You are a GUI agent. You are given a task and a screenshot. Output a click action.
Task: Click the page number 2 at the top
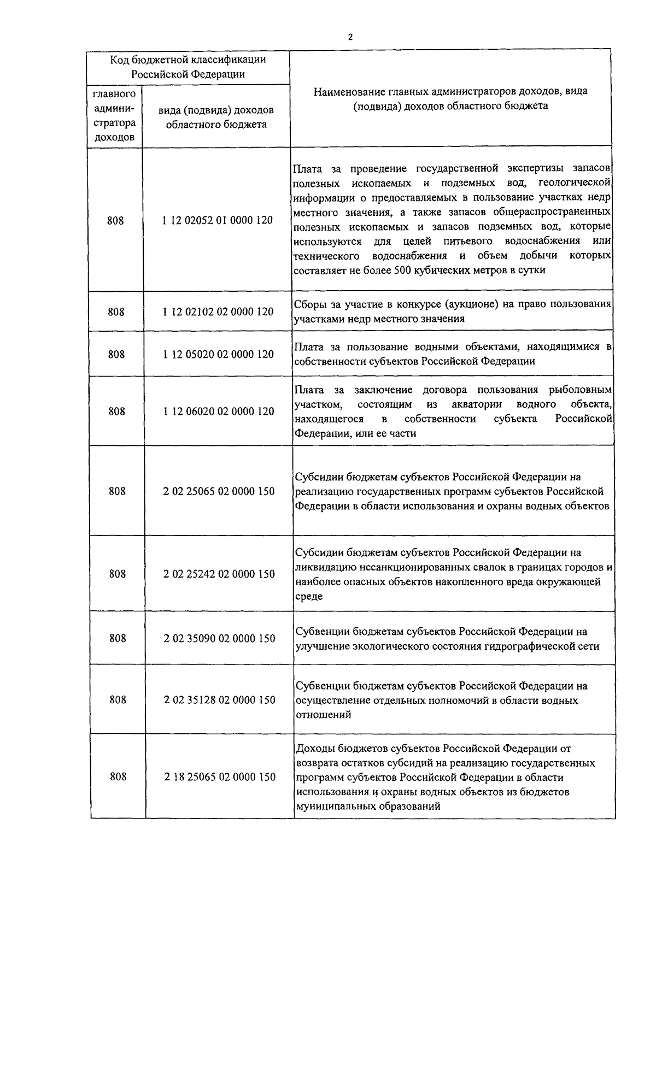pos(350,37)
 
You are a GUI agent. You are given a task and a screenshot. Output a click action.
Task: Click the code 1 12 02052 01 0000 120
pos(218,221)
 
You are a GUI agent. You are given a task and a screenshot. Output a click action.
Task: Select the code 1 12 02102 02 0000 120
pos(218,311)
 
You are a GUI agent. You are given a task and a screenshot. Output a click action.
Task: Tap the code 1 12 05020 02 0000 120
pos(218,354)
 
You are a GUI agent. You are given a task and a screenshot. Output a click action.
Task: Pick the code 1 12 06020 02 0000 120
pos(219,411)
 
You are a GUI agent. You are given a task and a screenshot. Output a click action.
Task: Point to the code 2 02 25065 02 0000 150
pos(219,491)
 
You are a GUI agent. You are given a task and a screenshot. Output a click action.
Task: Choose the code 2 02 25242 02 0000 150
pos(219,574)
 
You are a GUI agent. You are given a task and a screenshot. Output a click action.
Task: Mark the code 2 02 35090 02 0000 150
pos(219,638)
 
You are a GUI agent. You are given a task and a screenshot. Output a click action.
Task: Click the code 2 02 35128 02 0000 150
pos(219,700)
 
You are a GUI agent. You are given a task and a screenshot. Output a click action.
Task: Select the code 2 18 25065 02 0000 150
pos(220,776)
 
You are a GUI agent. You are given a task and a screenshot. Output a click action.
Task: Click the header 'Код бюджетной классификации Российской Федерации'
pos(188,67)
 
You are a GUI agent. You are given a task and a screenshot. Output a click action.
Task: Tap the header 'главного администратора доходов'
pos(114,116)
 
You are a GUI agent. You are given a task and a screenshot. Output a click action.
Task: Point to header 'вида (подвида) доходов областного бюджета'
pos(216,117)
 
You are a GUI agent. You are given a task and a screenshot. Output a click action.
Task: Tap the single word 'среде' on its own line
pos(309,596)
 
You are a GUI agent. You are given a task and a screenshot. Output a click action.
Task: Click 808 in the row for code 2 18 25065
pos(118,776)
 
